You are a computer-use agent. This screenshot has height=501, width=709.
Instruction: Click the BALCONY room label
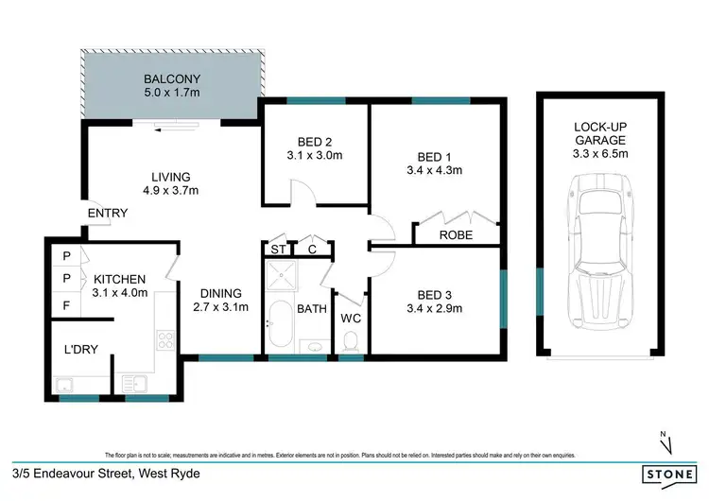click(x=171, y=78)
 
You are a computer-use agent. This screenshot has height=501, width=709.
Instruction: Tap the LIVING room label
click(x=171, y=177)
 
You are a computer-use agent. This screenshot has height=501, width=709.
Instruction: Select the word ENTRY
click(x=107, y=214)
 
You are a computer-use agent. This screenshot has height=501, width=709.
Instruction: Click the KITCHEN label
click(x=119, y=279)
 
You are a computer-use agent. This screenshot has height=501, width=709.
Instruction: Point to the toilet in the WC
click(x=352, y=339)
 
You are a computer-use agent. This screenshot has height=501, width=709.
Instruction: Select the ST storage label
click(x=278, y=250)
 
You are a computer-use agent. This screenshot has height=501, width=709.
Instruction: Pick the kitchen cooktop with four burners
click(x=164, y=337)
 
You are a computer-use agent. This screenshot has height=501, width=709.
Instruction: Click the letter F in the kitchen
click(x=66, y=305)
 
